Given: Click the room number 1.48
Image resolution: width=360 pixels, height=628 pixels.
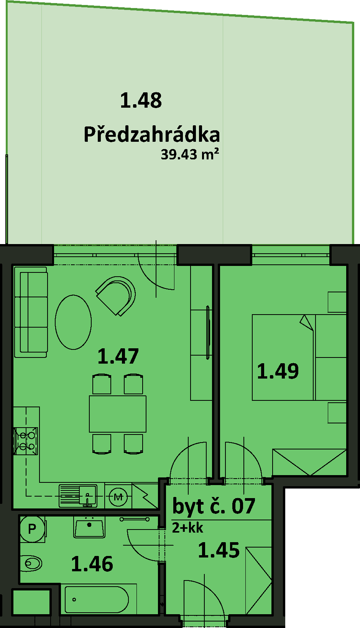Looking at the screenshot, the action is pos(141,100).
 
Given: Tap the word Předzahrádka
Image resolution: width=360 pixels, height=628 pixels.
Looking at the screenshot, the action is pos(152,134).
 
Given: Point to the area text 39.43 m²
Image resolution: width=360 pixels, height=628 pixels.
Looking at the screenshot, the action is pos(190,154).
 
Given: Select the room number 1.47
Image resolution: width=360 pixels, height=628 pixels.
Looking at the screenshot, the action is pos(118,356).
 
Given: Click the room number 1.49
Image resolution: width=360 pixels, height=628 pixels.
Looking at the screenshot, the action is pos(278,371).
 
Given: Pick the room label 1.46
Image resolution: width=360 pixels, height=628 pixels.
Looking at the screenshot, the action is pos(92,564).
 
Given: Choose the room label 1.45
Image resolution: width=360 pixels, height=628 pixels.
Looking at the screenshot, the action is pos(219,550).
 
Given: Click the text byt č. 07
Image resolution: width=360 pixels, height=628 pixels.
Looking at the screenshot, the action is pos(214,506).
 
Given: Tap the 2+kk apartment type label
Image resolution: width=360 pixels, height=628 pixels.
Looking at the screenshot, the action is pos(187,528).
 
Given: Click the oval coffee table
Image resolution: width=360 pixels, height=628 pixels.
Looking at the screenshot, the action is pos(73,322).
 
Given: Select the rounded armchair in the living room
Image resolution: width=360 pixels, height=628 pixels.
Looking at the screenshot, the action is pos(116,295).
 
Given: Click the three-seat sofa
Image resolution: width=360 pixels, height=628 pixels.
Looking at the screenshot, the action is pos(31,312).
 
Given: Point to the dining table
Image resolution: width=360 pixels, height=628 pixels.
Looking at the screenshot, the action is pos(118,414).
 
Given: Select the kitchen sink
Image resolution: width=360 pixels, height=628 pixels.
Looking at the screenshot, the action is pos(78,496).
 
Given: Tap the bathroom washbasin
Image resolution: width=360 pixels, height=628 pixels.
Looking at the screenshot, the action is pos(89,528).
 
